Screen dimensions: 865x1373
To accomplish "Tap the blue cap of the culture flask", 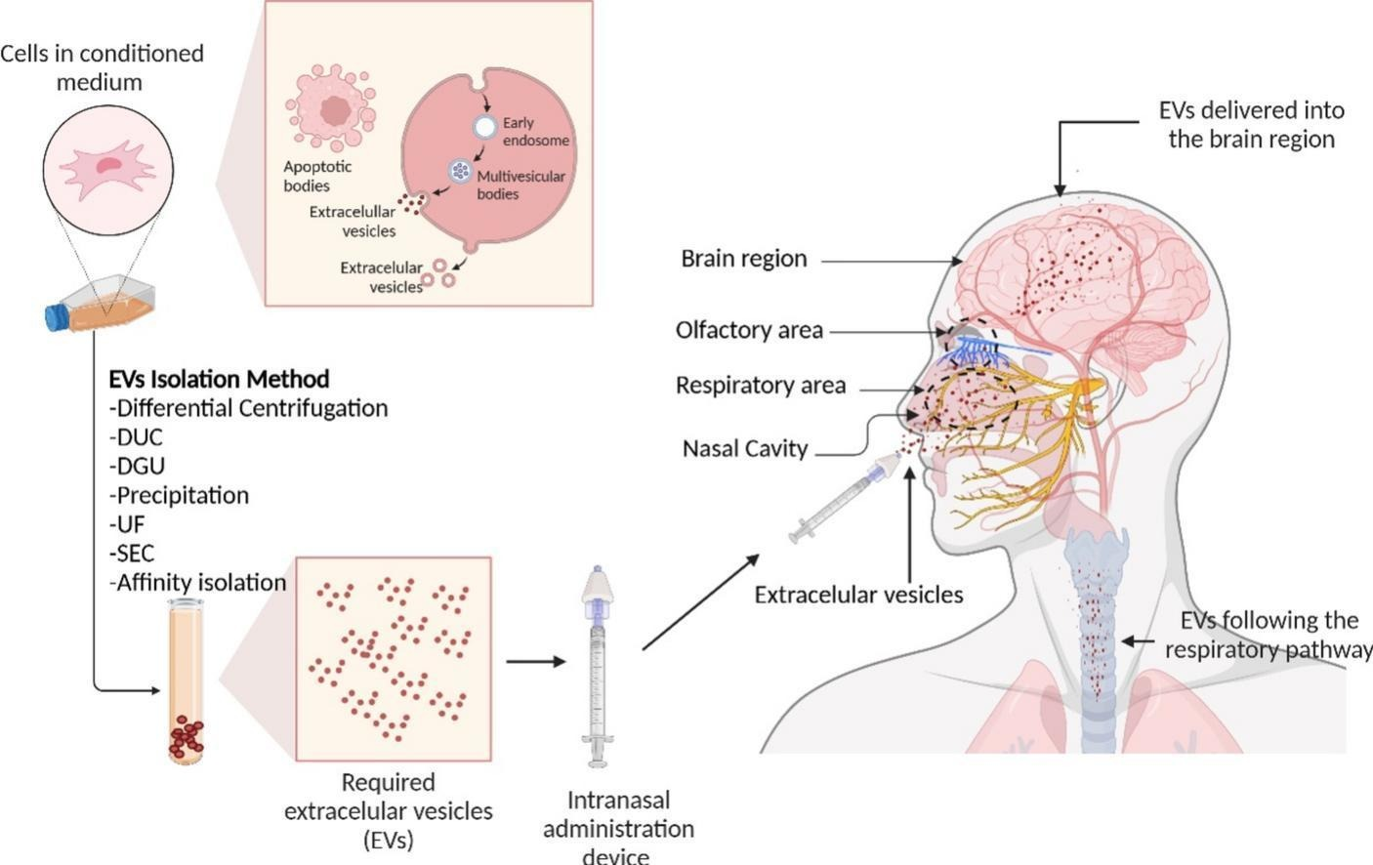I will [x=55, y=317].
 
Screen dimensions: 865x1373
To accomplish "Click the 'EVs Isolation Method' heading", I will [x=219, y=379].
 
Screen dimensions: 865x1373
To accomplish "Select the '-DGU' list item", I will [x=138, y=466].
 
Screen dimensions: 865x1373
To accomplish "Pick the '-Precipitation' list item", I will [x=180, y=495].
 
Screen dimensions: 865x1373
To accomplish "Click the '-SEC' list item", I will [x=132, y=553].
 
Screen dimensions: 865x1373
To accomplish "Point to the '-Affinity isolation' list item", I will [x=198, y=583].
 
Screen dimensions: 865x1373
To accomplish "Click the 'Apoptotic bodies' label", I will [x=317, y=176].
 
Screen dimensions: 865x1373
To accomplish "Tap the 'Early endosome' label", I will [x=535, y=132].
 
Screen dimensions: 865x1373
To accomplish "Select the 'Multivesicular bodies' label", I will [x=520, y=185].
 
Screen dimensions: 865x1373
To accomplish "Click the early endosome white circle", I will [x=484, y=127].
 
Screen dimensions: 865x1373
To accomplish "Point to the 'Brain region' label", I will [x=744, y=259].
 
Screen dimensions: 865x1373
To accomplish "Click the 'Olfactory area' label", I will [x=749, y=331].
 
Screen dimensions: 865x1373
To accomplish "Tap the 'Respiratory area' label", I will [x=760, y=386].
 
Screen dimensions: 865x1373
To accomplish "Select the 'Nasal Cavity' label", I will [x=745, y=449].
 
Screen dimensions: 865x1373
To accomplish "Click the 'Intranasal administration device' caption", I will [x=618, y=828].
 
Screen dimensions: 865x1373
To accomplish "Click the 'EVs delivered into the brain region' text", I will [x=1251, y=124].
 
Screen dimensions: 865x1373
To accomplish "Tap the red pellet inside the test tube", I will [x=186, y=737].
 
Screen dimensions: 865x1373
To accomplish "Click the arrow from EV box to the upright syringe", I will [x=535, y=661].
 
